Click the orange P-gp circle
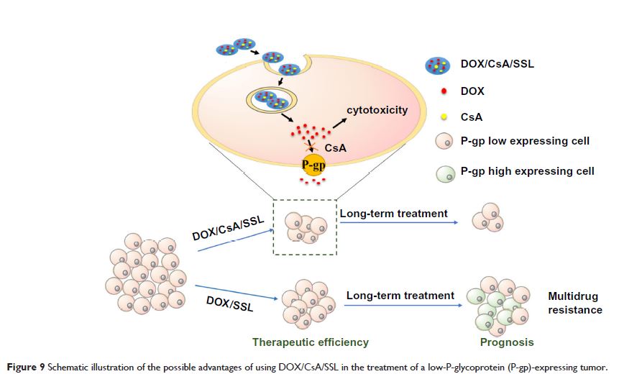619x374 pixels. click(x=313, y=165)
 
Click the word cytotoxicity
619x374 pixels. click(x=377, y=110)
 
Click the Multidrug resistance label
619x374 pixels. click(x=574, y=303)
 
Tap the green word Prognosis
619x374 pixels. click(x=507, y=342)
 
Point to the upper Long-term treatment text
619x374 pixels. click(x=393, y=214)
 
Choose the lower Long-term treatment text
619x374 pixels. click(x=400, y=295)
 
